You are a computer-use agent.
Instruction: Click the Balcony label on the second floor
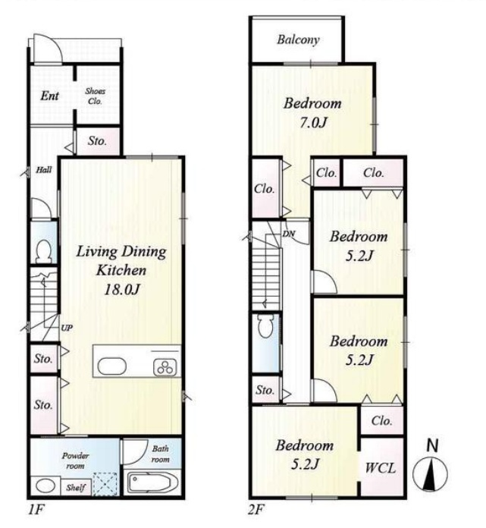tap(298, 39)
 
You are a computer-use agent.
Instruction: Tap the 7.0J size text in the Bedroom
tap(313, 123)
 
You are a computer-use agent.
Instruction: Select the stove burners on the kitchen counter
tap(165, 367)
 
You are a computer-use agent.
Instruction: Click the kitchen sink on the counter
tap(112, 366)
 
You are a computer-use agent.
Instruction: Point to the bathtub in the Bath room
tap(154, 483)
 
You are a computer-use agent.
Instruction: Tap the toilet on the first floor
tap(43, 251)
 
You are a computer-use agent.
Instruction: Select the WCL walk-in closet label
tap(381, 468)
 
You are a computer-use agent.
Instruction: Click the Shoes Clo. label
tap(95, 96)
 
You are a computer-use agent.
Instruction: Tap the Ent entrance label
tap(49, 96)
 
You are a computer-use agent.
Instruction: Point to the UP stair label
tap(67, 328)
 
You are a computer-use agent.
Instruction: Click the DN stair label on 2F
tap(289, 234)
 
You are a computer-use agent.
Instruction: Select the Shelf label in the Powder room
tap(75, 487)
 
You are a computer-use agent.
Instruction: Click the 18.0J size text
tap(122, 290)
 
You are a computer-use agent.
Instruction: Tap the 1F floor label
tap(36, 510)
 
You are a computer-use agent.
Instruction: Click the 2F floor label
tap(256, 510)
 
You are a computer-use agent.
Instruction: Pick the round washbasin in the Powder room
tap(45, 486)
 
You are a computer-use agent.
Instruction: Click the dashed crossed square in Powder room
tap(105, 484)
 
